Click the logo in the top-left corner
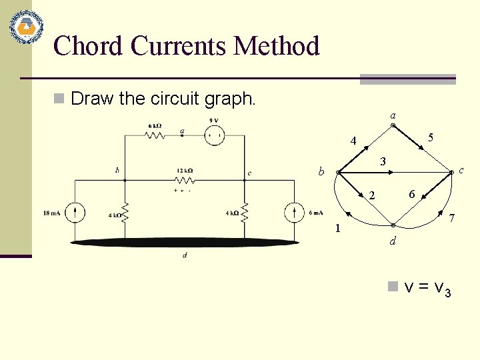[25, 27]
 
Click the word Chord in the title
[89, 46]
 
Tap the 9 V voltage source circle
[215, 136]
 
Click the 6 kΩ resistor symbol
[155, 135]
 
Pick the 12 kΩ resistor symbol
[185, 180]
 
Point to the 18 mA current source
[76, 213]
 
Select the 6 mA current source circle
[294, 213]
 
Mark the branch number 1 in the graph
[338, 229]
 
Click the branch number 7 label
[452, 219]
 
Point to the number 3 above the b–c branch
[382, 161]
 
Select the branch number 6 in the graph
[413, 194]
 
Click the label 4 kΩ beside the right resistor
[232, 213]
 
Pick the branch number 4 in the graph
[355, 141]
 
